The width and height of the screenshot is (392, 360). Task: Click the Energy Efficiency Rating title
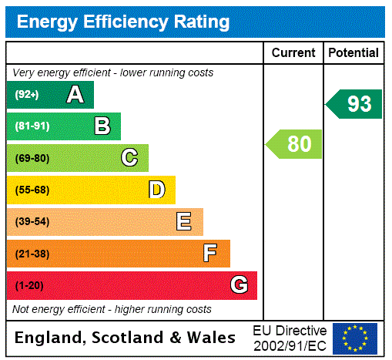(x=123, y=22)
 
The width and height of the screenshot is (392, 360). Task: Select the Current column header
(x=293, y=52)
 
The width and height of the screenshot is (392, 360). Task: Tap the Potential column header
(x=353, y=52)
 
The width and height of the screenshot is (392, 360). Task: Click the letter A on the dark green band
(x=75, y=95)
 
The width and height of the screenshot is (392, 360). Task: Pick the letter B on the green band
(x=102, y=126)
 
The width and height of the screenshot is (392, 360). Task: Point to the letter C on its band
(x=129, y=158)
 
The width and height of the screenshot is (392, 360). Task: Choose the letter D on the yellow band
(x=156, y=190)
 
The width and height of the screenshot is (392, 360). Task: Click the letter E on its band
(x=184, y=222)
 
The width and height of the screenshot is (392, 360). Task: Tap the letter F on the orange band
(x=210, y=254)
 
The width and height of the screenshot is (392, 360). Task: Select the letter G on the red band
(x=239, y=285)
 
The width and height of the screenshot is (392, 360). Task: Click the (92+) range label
(x=27, y=95)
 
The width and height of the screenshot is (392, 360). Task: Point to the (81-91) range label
(x=32, y=126)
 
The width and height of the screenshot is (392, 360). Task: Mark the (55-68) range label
(x=32, y=190)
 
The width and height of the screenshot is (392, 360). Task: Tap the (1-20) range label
(x=28, y=286)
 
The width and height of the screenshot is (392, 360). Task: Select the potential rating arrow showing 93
(x=355, y=104)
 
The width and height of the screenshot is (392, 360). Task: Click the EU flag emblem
(x=355, y=338)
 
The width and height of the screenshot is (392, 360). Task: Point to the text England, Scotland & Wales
(x=126, y=338)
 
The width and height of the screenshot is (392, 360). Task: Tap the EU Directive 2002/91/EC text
(x=290, y=338)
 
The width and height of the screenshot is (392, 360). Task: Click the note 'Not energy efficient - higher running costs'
(x=112, y=309)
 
